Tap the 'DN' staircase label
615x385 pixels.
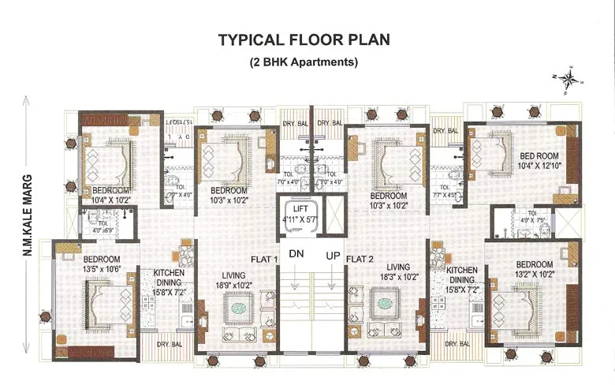296,255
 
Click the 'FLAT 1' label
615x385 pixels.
265,260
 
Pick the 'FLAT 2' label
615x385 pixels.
362,260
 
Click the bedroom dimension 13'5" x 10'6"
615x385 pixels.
103,271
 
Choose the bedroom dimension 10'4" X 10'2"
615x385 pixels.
111,200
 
